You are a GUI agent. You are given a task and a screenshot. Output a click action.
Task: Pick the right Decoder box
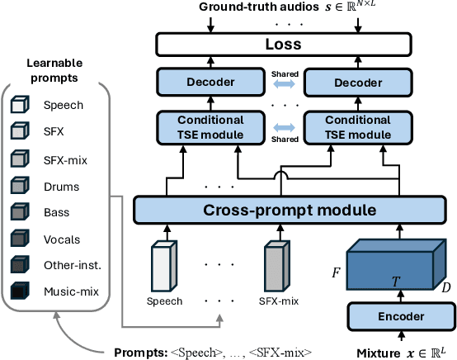tap(357, 83)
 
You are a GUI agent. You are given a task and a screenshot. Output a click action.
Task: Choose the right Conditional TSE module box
tap(357, 128)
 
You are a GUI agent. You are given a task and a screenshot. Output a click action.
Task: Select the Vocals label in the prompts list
tap(61, 240)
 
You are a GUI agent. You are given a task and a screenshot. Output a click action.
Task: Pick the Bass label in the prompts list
tap(56, 214)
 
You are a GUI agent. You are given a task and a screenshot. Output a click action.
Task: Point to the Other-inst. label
tap(71, 266)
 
